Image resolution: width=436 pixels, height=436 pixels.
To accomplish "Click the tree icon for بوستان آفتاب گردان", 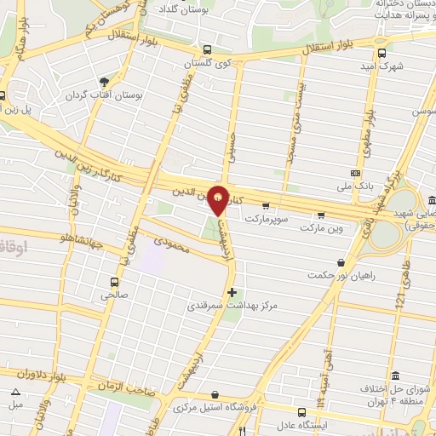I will [104, 82].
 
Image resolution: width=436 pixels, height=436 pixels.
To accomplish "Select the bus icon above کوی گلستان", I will [205, 49].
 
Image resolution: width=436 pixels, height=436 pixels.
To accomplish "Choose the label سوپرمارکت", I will [267, 219].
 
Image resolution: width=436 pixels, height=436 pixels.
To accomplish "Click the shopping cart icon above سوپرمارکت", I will [266, 205].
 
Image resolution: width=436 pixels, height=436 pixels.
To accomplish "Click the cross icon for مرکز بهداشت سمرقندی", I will [232, 292].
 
